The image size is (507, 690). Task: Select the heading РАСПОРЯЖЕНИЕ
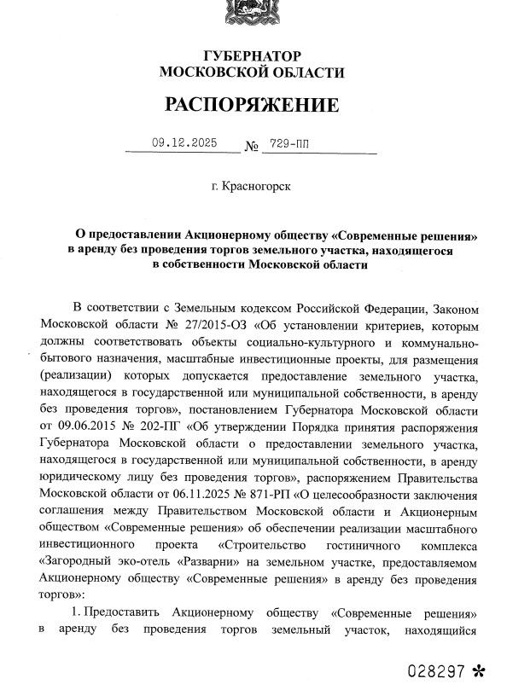click(252, 106)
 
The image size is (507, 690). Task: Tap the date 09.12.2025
click(182, 144)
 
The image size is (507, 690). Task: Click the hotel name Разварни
click(228, 561)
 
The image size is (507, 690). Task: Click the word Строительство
click(264, 544)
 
